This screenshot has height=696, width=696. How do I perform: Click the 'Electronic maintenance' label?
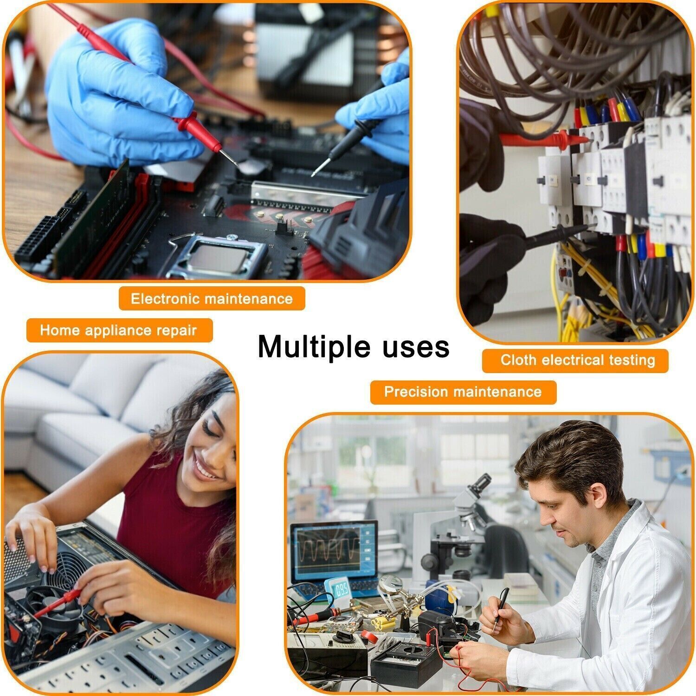click(x=212, y=298)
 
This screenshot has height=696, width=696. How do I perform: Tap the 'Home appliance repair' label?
click(x=119, y=330)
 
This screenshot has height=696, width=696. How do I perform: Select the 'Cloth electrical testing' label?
click(x=577, y=360)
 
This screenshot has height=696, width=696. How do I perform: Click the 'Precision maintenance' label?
click(x=463, y=392)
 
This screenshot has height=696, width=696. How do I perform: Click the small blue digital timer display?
click(x=342, y=591)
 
